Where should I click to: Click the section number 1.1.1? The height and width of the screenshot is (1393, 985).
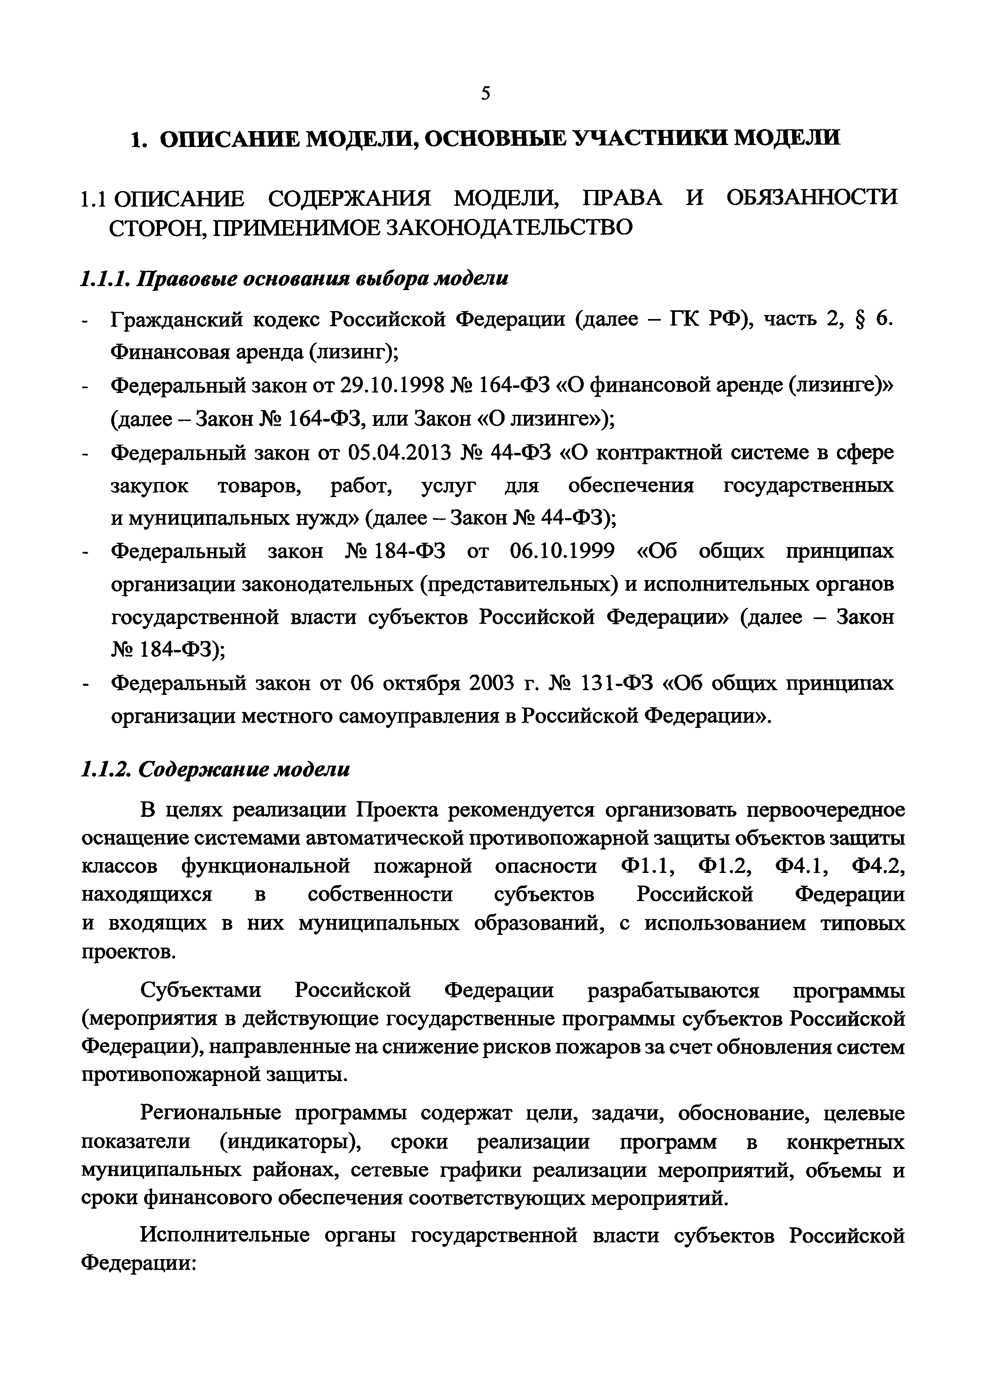(x=105, y=279)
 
